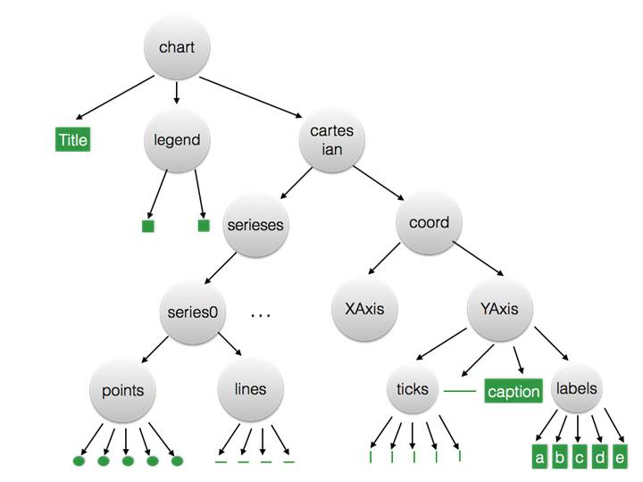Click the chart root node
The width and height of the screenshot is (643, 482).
coord(177,47)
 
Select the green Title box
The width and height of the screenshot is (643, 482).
coord(72,139)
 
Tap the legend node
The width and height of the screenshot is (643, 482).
coord(177,140)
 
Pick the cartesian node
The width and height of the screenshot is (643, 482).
coord(332,140)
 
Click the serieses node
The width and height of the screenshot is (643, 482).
coord(255,224)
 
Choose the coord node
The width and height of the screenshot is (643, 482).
coord(429,224)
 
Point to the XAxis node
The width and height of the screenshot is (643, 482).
coord(364,309)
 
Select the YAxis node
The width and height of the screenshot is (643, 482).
coord(500,309)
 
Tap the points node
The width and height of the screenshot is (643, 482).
coord(123,389)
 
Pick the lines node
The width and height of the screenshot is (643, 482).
coord(250,389)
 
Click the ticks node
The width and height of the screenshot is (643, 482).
coord(413,389)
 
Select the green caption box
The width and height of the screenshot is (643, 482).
coord(514,391)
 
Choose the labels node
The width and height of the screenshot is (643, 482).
coord(576,389)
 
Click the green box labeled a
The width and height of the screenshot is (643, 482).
coord(539,458)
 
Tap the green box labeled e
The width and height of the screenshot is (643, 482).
coord(621,458)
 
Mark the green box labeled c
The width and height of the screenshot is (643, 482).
coord(580,458)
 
